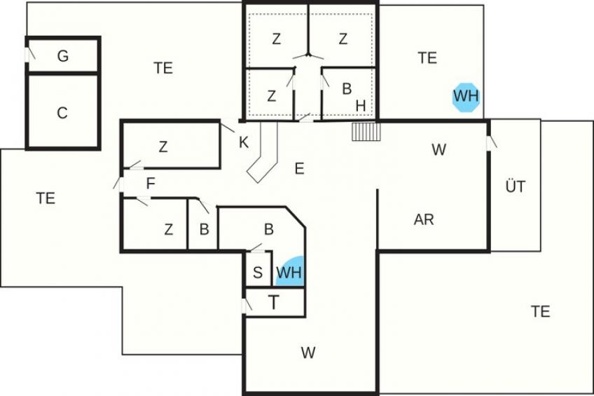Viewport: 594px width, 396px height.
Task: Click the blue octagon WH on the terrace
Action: [x=467, y=97]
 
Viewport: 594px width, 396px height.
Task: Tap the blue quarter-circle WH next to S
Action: [x=291, y=272]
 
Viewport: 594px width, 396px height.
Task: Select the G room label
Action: [x=63, y=56]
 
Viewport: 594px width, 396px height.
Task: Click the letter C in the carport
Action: [x=62, y=113]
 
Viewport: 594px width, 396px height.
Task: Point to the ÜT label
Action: [x=516, y=186]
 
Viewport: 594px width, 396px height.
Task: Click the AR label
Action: [x=424, y=219]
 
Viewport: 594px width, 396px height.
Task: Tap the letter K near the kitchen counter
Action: [x=244, y=142]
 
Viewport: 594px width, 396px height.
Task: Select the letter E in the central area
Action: [x=299, y=168]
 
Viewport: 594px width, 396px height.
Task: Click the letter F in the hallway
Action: [x=151, y=184]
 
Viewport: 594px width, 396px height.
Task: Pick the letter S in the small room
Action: [x=258, y=273]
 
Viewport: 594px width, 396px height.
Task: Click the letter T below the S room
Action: [x=273, y=303]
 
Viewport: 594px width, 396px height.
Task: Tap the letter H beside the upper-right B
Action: [x=361, y=106]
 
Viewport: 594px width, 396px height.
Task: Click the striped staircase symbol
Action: [x=366, y=132]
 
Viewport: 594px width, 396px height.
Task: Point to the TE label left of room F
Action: [x=46, y=198]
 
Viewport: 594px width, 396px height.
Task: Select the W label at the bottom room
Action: [x=308, y=353]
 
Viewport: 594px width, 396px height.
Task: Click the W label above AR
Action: [x=438, y=150]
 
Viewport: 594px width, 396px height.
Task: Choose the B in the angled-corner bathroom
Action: [x=268, y=229]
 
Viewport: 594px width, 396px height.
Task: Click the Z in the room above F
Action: [x=163, y=146]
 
